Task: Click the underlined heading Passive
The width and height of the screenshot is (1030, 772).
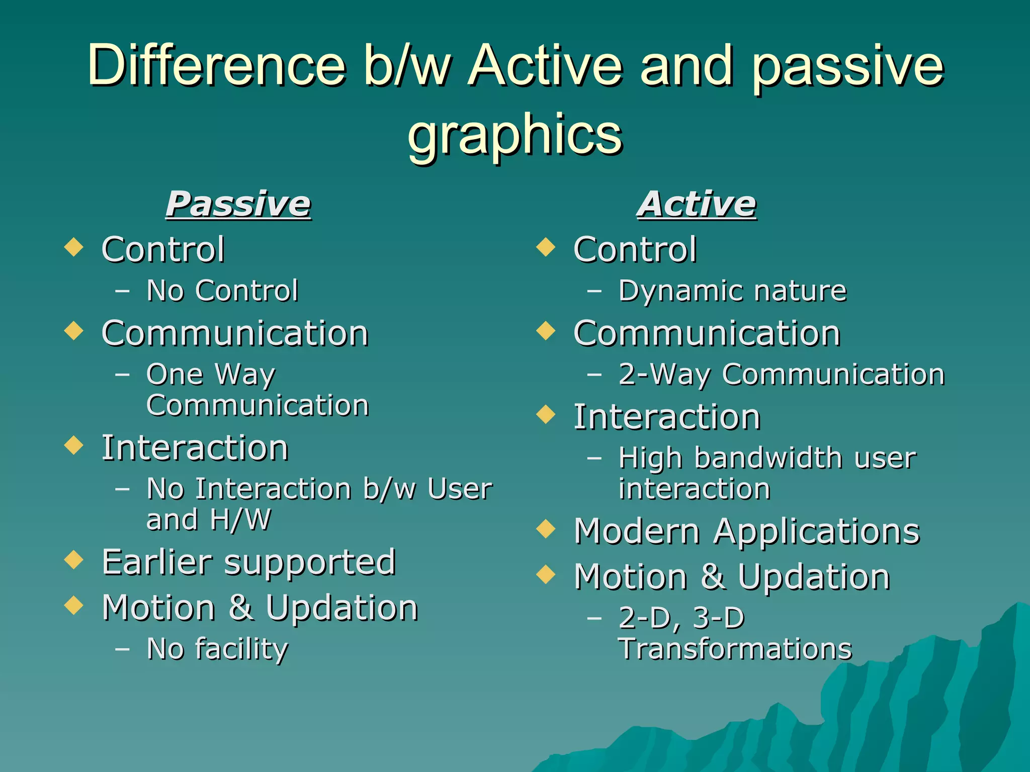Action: point(238,204)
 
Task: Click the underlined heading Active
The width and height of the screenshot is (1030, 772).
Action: point(697,204)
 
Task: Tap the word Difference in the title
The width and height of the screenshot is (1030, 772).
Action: point(216,65)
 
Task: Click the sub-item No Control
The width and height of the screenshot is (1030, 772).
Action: point(222,291)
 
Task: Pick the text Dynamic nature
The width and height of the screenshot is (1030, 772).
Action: point(732,291)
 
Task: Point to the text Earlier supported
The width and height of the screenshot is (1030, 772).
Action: point(248,562)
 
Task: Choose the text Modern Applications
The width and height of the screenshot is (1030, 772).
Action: point(746,531)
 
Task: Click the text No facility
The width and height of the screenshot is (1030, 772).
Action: point(217,649)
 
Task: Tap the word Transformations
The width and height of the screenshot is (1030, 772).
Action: point(735,649)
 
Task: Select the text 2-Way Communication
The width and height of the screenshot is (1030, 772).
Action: point(781,374)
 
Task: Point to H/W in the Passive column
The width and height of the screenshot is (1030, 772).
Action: point(241,519)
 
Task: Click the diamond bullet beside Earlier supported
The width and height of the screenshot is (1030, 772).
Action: point(74,559)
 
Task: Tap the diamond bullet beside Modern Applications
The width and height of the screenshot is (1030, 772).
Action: point(546,529)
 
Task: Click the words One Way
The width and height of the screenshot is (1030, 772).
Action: point(211,374)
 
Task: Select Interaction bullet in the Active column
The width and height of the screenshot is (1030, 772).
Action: point(666,417)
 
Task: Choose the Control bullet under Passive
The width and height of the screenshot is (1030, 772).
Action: point(163,249)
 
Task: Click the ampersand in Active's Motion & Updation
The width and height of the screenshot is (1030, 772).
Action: point(713,576)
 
